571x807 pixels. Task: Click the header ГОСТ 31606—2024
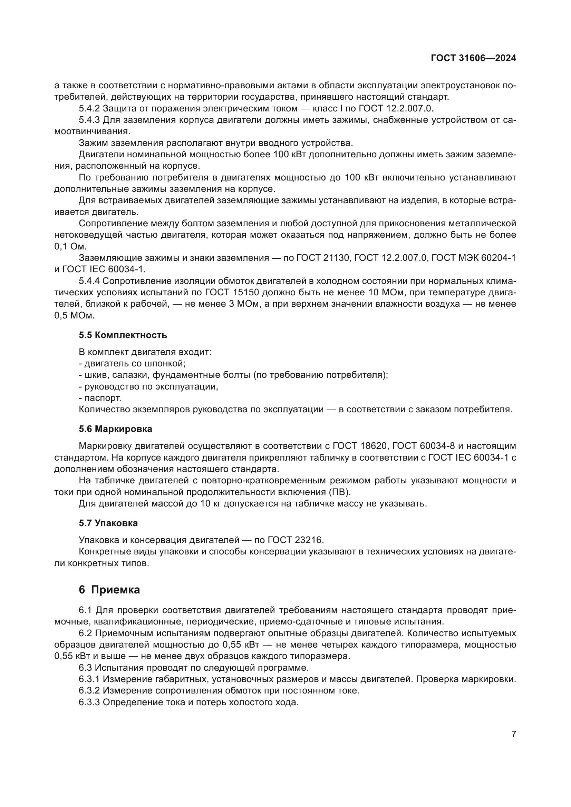point(473,58)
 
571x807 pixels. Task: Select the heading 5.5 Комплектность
point(123,335)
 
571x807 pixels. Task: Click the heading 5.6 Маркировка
point(115,429)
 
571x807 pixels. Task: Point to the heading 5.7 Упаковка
point(108,523)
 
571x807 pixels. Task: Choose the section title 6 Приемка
point(109,590)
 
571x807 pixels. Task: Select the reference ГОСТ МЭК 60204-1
point(474,258)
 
